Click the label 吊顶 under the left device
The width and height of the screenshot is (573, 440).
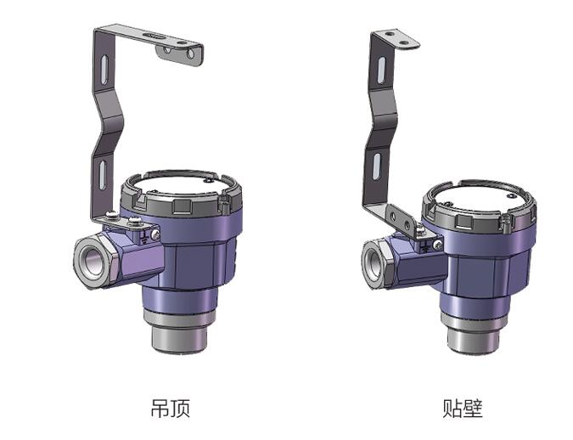click(x=169, y=409)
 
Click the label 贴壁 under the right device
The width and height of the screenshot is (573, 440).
click(x=463, y=409)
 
